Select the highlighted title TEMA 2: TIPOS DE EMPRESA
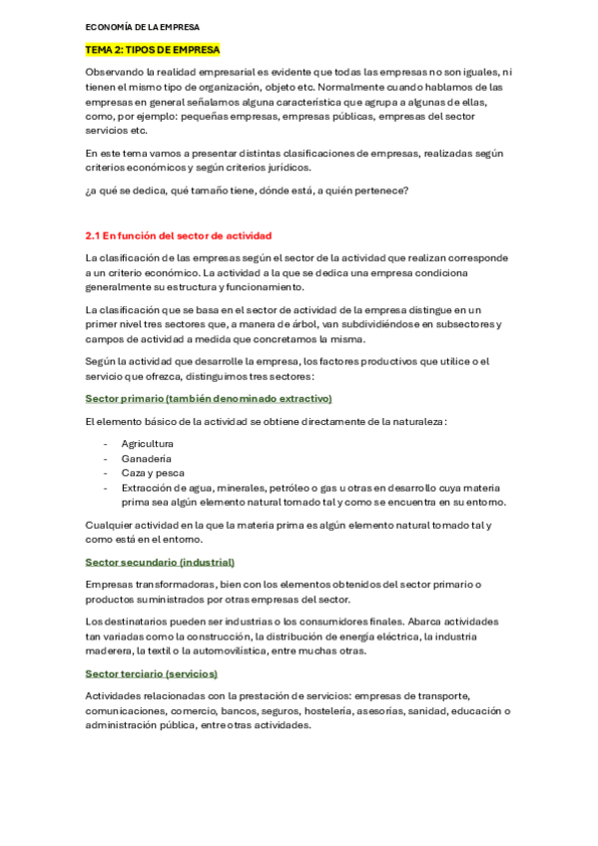pyautogui.click(x=153, y=49)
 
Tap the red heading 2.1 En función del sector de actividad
pyautogui.click(x=178, y=235)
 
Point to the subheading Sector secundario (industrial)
pyautogui.click(x=160, y=562)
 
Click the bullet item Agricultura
pyautogui.click(x=148, y=443)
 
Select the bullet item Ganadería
pyautogui.click(x=146, y=458)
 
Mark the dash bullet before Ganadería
pyautogui.click(x=107, y=458)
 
